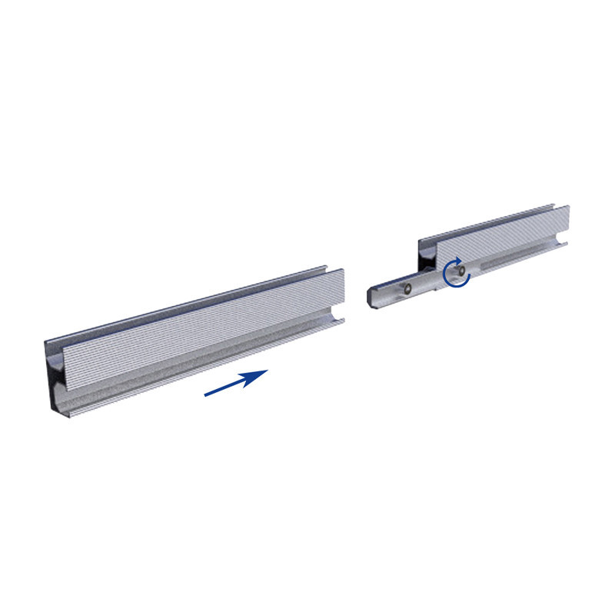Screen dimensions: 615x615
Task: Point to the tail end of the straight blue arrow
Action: [x=206, y=395]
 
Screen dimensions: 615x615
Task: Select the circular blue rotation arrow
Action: [x=456, y=273]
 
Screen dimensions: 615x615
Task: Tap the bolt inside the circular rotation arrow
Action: [x=458, y=271]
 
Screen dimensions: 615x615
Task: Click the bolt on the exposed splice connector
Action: [x=408, y=288]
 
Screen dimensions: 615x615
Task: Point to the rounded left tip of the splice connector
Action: [x=371, y=295]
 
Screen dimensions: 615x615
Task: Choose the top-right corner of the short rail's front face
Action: [x=569, y=207]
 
